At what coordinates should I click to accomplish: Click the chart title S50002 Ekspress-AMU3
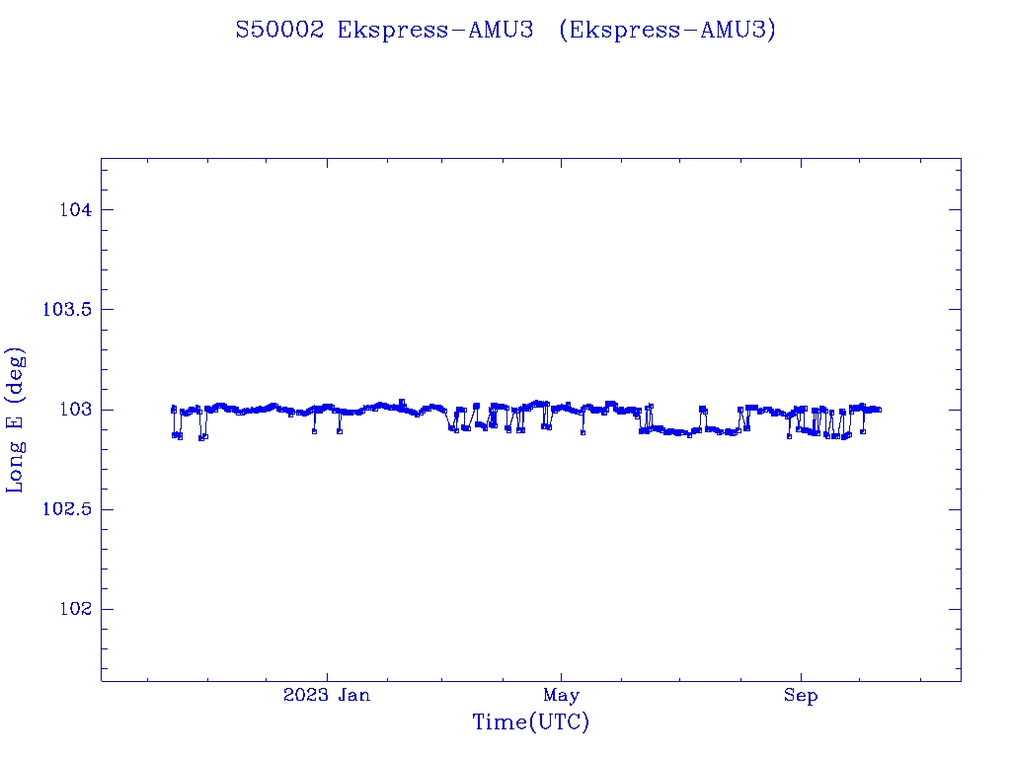coord(385,31)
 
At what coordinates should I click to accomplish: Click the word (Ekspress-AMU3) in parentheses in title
coord(667,31)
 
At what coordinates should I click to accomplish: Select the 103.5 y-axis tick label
coord(67,310)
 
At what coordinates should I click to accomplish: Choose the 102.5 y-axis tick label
coord(67,509)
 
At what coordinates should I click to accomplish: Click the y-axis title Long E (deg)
coord(16,420)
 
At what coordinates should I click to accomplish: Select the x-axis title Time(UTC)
coord(530,722)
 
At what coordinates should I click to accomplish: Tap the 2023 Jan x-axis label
coord(327,696)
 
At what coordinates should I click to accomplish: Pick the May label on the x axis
coord(561,696)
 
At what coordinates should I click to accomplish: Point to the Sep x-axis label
coord(801,696)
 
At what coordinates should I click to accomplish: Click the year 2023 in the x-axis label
coord(305,696)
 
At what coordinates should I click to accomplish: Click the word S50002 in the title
coord(279,31)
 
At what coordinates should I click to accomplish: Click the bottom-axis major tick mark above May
coord(561,674)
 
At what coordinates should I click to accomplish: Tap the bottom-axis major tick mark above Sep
coord(801,674)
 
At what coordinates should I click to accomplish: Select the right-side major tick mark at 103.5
coord(954,309)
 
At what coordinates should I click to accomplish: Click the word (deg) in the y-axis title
coord(16,374)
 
